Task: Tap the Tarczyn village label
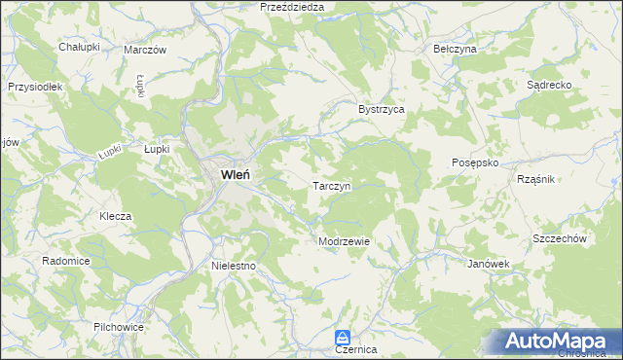[x=338, y=184]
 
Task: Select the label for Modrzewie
[x=344, y=241]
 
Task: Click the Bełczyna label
[x=455, y=48]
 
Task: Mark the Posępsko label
[x=475, y=163]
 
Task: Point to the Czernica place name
[x=355, y=348]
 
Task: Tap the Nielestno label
[x=233, y=265]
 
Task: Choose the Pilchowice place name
[x=119, y=327]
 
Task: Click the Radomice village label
[x=66, y=261]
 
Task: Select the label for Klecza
[x=115, y=216]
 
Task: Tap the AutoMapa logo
[x=559, y=341]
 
